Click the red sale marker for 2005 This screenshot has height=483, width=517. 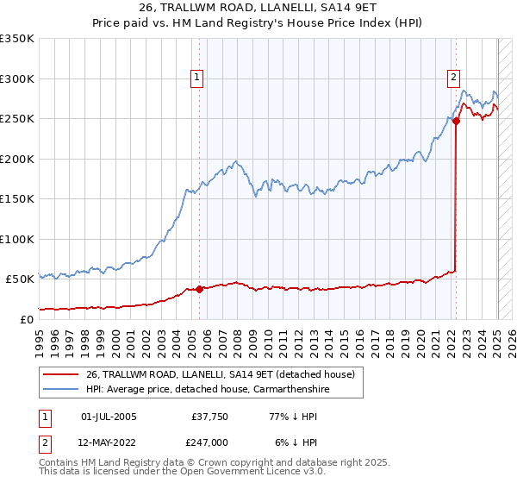coord(199,289)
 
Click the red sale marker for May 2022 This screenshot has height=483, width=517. coord(456,122)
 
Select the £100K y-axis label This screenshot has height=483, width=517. coord(17,239)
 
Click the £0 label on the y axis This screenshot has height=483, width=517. coord(26,319)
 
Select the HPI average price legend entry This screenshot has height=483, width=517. coord(208,390)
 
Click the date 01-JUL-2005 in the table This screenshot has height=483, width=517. coord(108,417)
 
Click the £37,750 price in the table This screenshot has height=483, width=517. coord(207,417)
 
